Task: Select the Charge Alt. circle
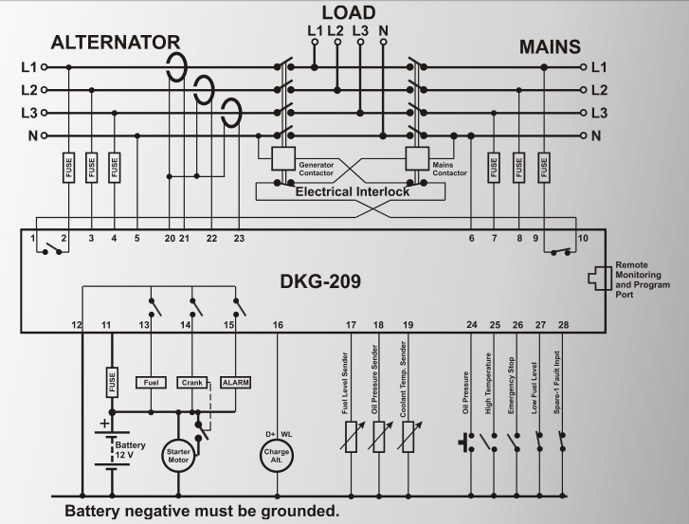click(277, 454)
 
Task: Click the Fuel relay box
click(152, 383)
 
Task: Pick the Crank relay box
click(191, 383)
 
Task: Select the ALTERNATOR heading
click(115, 43)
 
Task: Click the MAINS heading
click(550, 46)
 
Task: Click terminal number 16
click(278, 325)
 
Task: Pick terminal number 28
click(563, 325)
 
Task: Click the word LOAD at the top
click(348, 12)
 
